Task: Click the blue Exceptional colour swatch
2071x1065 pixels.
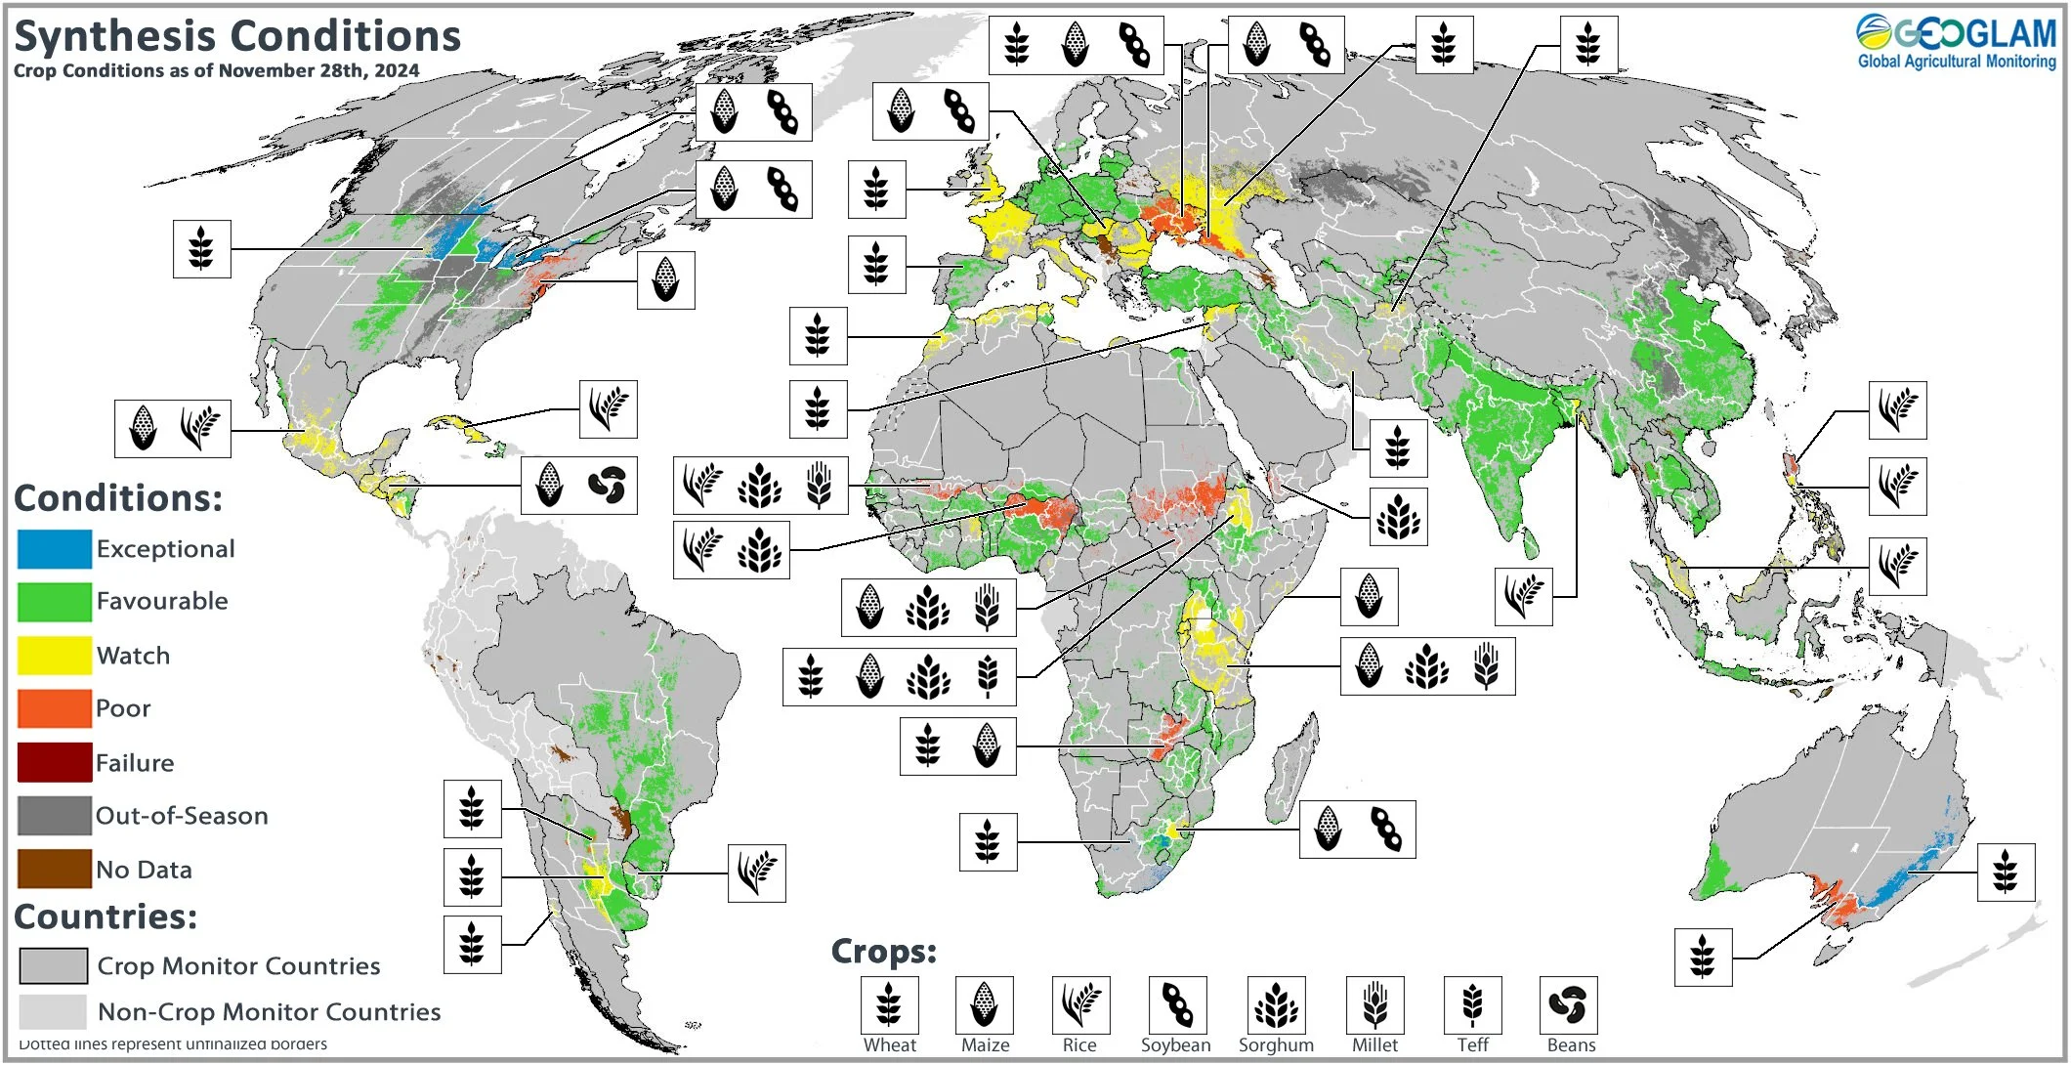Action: pyautogui.click(x=54, y=549)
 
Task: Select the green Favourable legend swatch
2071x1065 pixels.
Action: pyautogui.click(x=54, y=602)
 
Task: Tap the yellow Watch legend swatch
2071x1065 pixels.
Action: pyautogui.click(x=54, y=656)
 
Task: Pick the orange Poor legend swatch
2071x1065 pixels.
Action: pyautogui.click(x=54, y=708)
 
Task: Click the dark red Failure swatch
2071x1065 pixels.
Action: pyautogui.click(x=54, y=762)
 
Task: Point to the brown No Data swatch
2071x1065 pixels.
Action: pyautogui.click(x=54, y=869)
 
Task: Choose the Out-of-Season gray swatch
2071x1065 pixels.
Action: pyautogui.click(x=54, y=816)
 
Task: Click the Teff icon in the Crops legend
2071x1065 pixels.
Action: pyautogui.click(x=1472, y=1004)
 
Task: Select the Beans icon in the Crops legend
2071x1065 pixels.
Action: pyautogui.click(x=1568, y=1004)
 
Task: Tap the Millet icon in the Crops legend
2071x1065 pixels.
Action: pyautogui.click(x=1374, y=1004)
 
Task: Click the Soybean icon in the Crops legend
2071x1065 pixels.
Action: pyautogui.click(x=1177, y=1004)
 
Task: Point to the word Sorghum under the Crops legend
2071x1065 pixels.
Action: pyautogui.click(x=1276, y=1045)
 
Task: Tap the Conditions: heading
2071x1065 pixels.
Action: pyautogui.click(x=118, y=498)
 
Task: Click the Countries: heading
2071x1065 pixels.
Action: pyautogui.click(x=106, y=916)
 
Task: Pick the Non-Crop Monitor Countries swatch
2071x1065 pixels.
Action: pyautogui.click(x=53, y=1011)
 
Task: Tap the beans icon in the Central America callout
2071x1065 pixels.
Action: pyautogui.click(x=607, y=485)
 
